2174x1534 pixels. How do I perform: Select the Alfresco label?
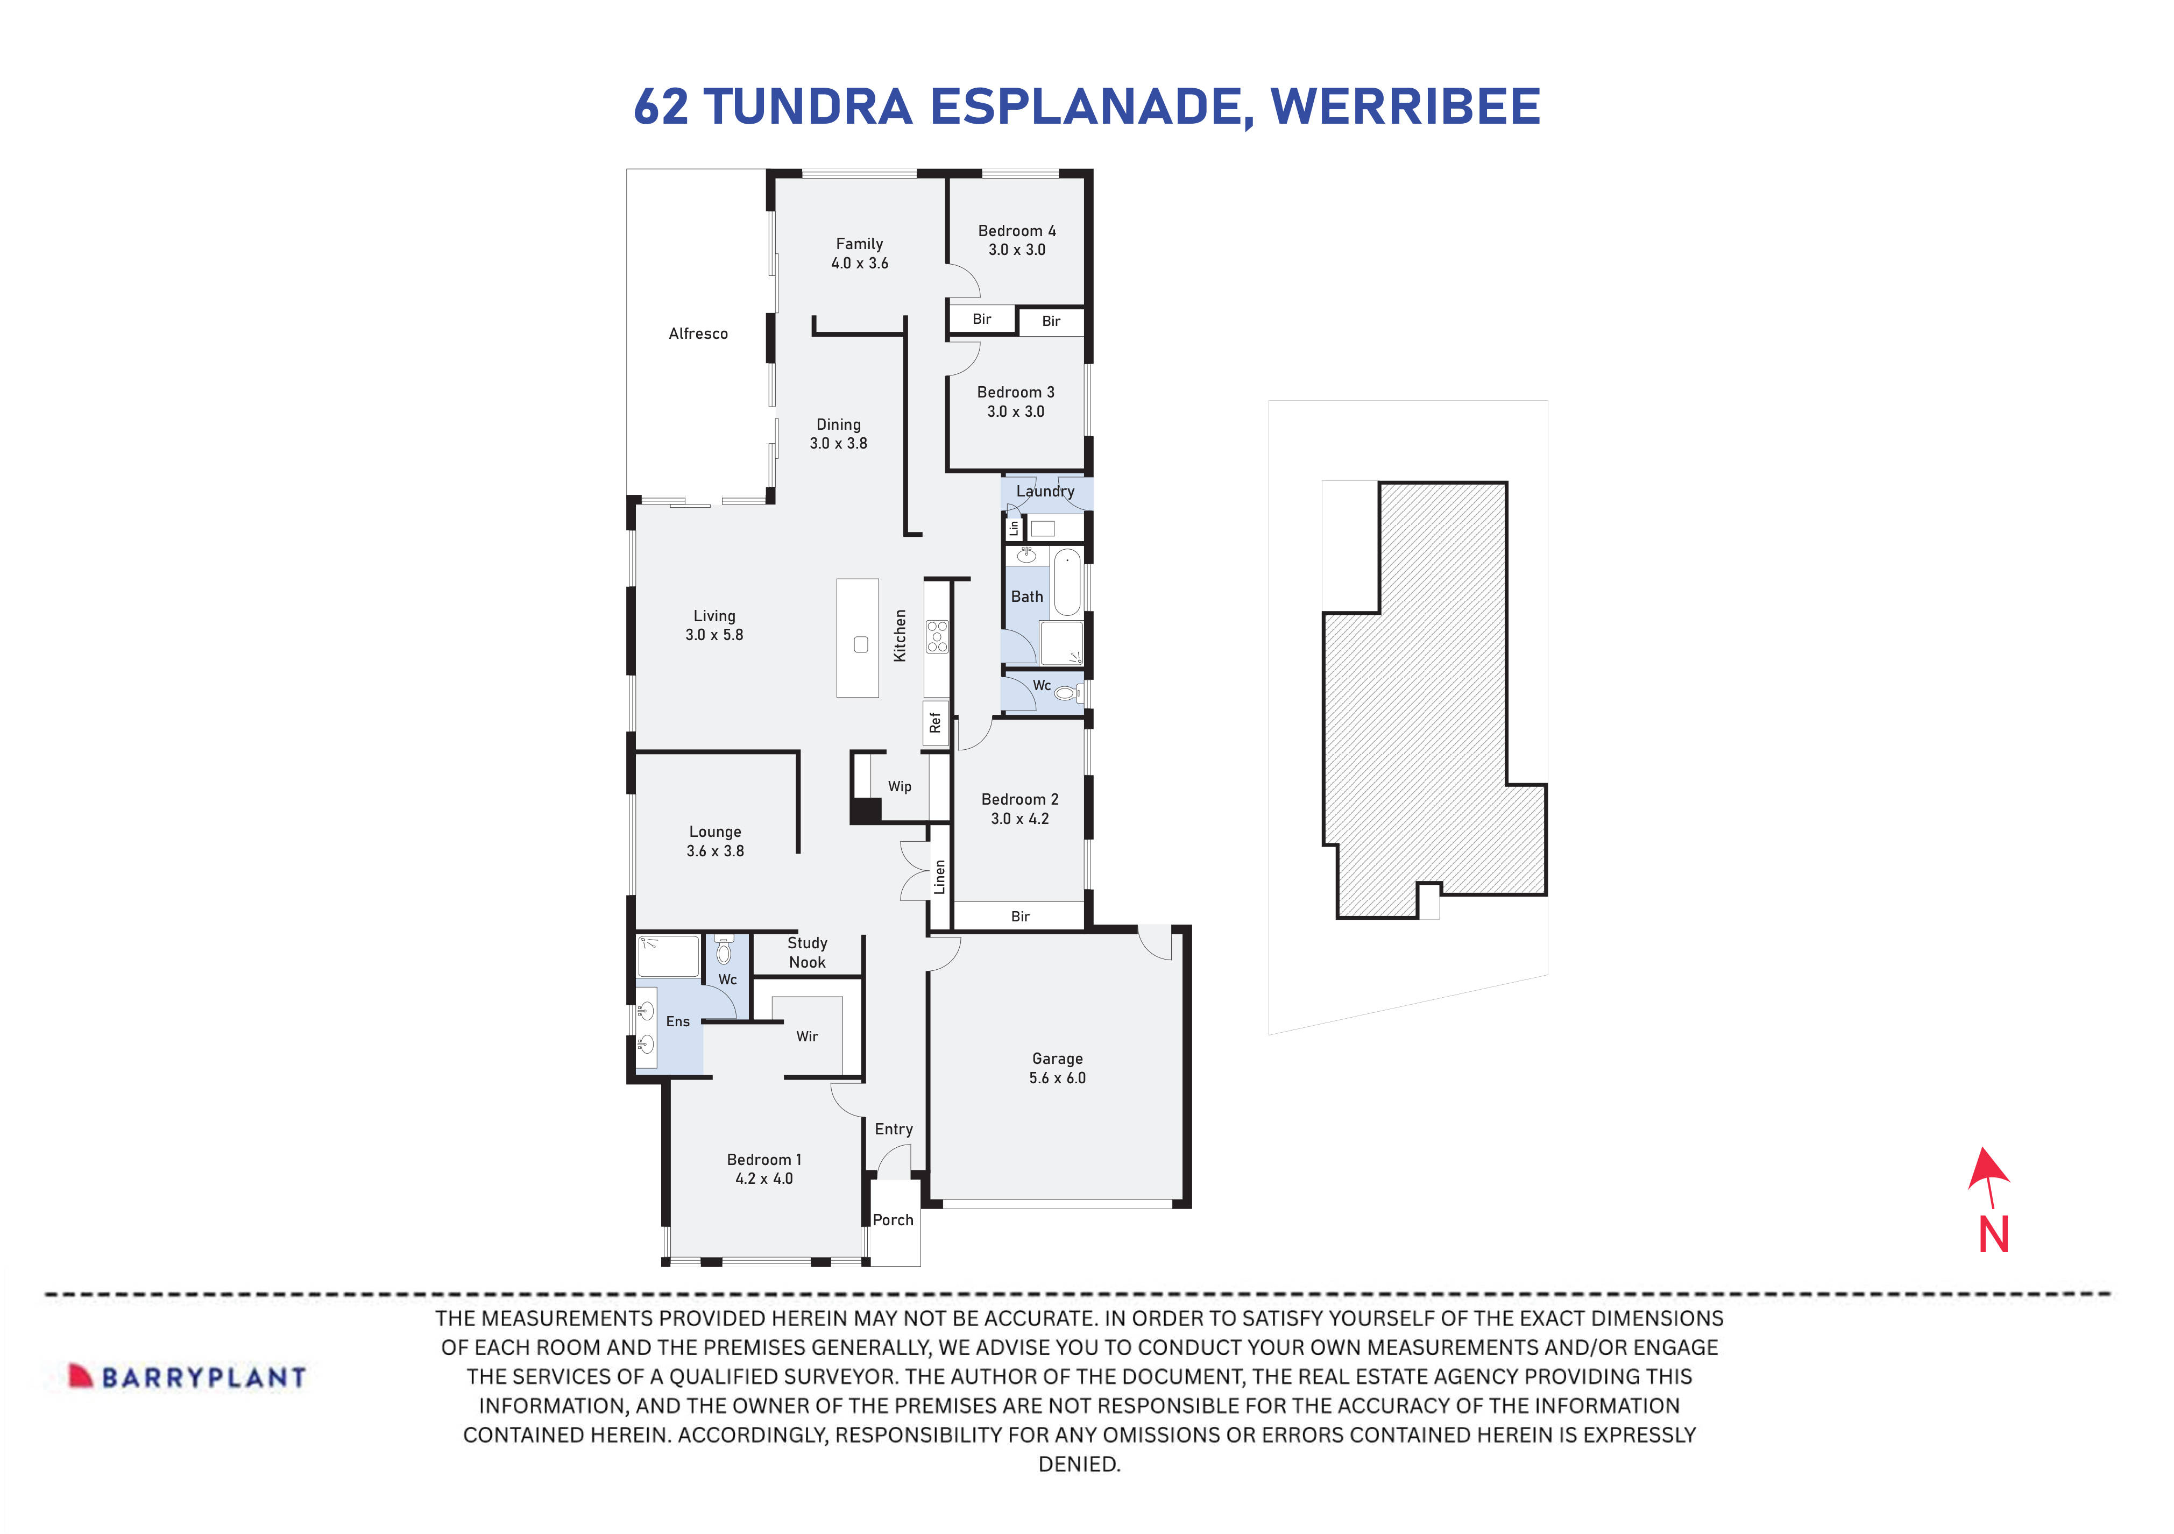(x=698, y=333)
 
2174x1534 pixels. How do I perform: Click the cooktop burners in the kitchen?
(x=937, y=636)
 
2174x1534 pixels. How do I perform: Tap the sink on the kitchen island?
(x=861, y=645)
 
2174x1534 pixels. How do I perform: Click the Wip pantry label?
(x=900, y=786)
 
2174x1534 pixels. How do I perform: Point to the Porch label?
(x=893, y=1220)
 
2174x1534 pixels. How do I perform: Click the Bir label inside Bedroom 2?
(x=1020, y=915)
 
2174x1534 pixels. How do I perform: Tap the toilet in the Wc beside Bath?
(x=1066, y=694)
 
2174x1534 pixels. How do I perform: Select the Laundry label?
(x=1045, y=491)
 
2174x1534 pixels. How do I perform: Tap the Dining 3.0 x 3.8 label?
(x=838, y=434)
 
